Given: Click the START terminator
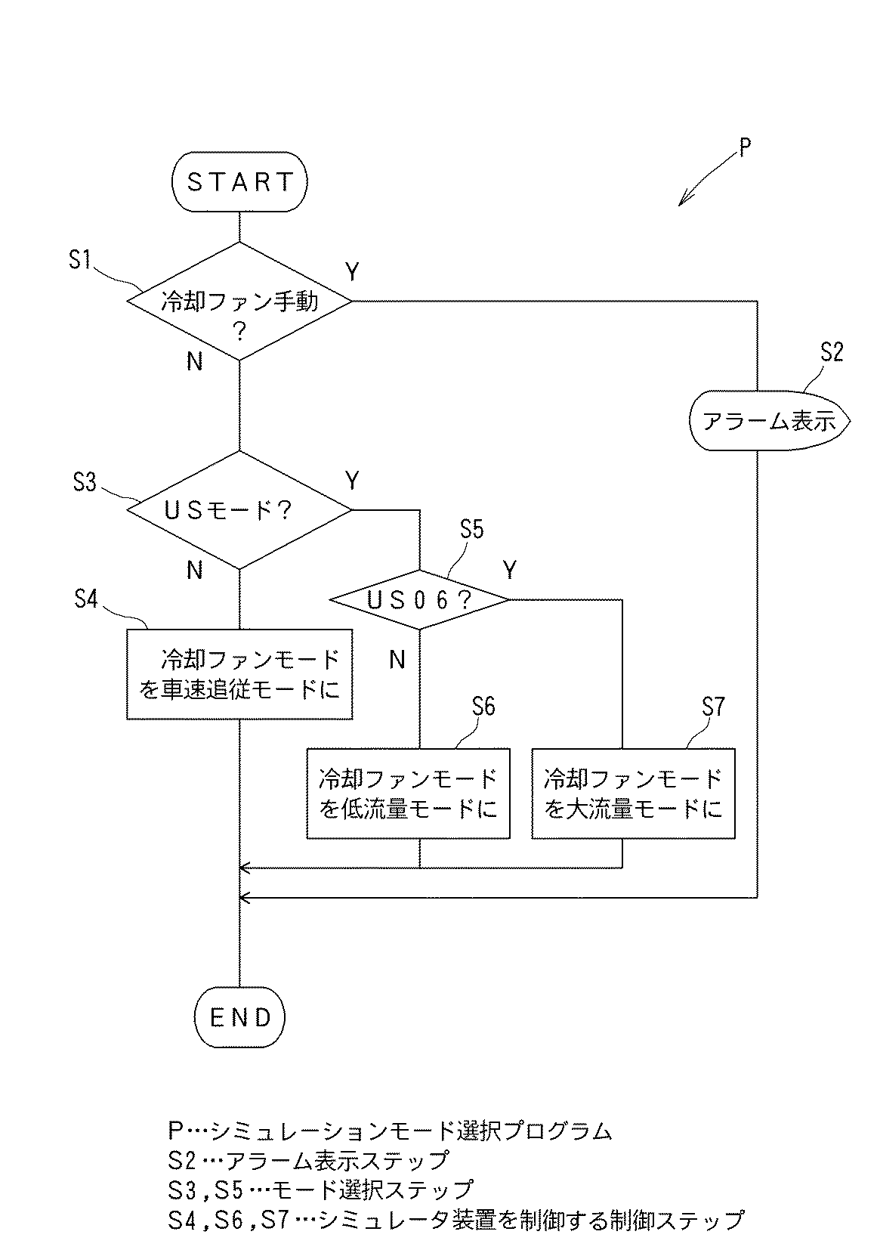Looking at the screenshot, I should (x=239, y=182).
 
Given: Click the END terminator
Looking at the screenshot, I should (x=239, y=1017).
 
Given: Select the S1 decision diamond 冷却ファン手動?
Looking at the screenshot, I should (x=239, y=302).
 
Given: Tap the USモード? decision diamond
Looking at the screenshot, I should (x=239, y=510).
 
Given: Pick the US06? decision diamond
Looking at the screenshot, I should (x=419, y=600).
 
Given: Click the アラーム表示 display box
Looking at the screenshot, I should (x=769, y=421).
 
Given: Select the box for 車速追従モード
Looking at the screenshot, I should (x=239, y=674).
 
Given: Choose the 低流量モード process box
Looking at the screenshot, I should (x=408, y=794).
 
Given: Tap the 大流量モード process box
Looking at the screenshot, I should (x=633, y=794).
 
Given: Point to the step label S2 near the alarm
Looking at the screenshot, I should (x=831, y=353).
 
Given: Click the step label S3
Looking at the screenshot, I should (x=85, y=481).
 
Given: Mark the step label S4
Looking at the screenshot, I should (x=86, y=599).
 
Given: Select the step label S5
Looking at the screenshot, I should (x=471, y=530).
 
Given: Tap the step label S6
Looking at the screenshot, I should (x=483, y=707).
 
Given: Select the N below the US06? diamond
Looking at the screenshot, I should (x=397, y=661).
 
